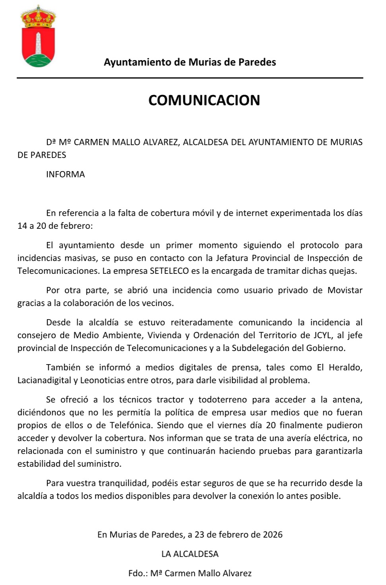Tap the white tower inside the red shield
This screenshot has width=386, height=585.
(39, 44)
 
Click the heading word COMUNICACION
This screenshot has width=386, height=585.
(204, 100)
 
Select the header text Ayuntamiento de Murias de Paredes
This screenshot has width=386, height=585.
(190, 62)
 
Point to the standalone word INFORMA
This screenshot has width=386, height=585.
(66, 174)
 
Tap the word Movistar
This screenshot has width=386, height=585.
(345, 290)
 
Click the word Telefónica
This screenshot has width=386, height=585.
(131, 425)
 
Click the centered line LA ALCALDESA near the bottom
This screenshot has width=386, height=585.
(190, 554)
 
